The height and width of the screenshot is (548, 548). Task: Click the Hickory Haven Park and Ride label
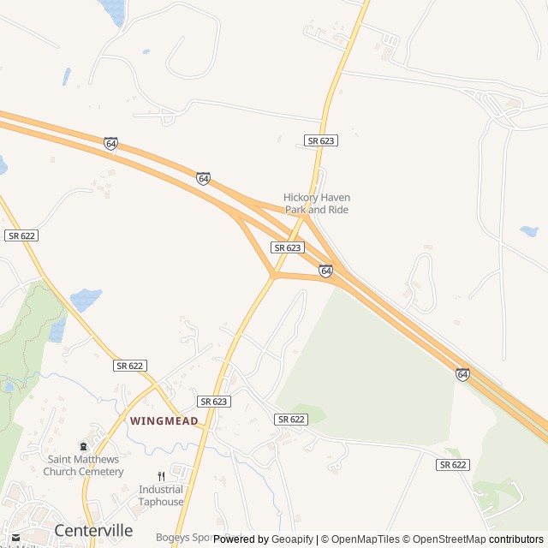tap(317, 204)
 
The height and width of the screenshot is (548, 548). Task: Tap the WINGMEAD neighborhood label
tap(164, 421)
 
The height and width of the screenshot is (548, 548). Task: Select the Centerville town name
tap(93, 530)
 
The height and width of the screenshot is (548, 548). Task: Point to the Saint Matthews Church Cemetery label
tap(83, 465)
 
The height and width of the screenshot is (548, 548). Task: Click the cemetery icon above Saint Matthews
tap(83, 446)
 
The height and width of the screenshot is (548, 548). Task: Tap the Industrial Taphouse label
tap(161, 496)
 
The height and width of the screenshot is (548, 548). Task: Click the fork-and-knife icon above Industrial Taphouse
tap(161, 477)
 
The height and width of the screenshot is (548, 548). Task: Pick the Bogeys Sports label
tap(183, 539)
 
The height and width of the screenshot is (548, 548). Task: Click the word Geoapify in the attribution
tap(292, 539)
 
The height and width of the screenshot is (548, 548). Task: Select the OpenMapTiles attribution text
tap(363, 539)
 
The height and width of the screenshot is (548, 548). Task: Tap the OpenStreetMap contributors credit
tap(479, 539)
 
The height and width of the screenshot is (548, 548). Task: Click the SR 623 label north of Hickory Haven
tap(320, 140)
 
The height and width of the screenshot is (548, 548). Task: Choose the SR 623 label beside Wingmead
tap(214, 401)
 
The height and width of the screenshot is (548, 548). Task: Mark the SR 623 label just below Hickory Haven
tap(288, 247)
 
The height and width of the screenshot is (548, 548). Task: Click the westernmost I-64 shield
tap(111, 144)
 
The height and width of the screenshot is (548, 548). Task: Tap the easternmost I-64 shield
tap(462, 375)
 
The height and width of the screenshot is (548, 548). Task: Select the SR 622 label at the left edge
tap(21, 235)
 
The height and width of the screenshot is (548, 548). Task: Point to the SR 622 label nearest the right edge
tap(454, 464)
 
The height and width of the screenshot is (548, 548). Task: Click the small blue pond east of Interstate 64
tap(528, 231)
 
